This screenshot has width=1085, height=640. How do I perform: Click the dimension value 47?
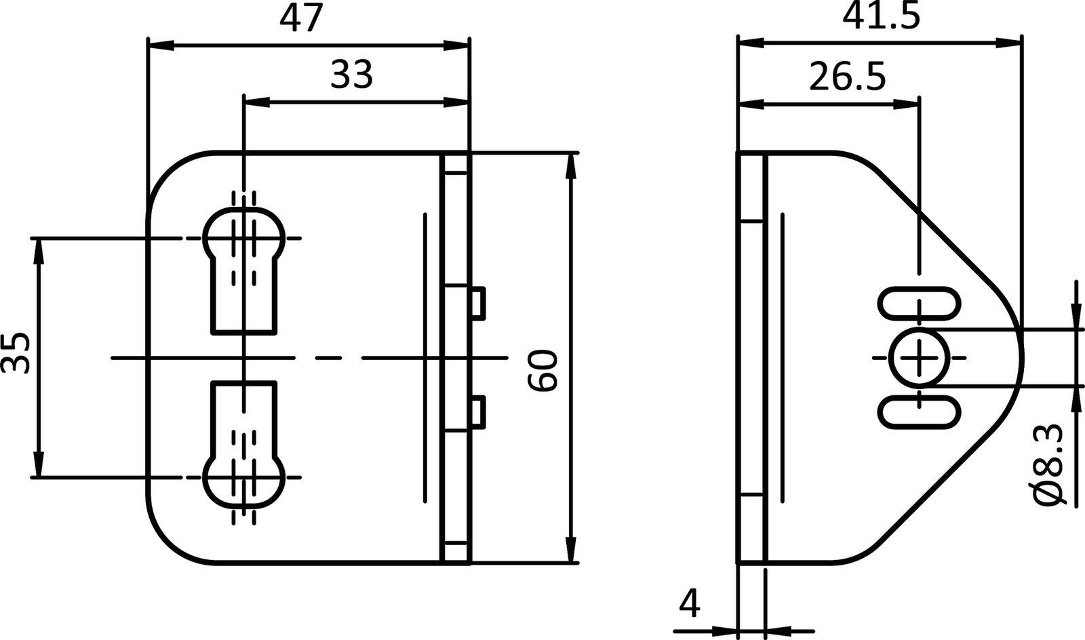coord(302,18)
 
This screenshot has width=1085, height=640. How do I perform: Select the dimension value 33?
coord(352,75)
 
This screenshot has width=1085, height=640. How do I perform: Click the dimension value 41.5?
coord(882,16)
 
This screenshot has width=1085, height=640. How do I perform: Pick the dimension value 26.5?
coord(848,78)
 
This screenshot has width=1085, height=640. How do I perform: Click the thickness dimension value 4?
coord(689,603)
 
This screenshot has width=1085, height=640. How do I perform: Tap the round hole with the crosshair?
coord(920,357)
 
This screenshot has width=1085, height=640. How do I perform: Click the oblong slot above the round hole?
coord(920,303)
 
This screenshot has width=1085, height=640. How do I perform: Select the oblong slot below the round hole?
coord(920,412)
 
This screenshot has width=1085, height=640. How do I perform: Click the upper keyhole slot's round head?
coord(244,235)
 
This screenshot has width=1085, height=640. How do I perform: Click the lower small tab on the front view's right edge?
coord(477,411)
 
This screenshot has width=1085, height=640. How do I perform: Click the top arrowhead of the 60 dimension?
coord(572,166)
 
